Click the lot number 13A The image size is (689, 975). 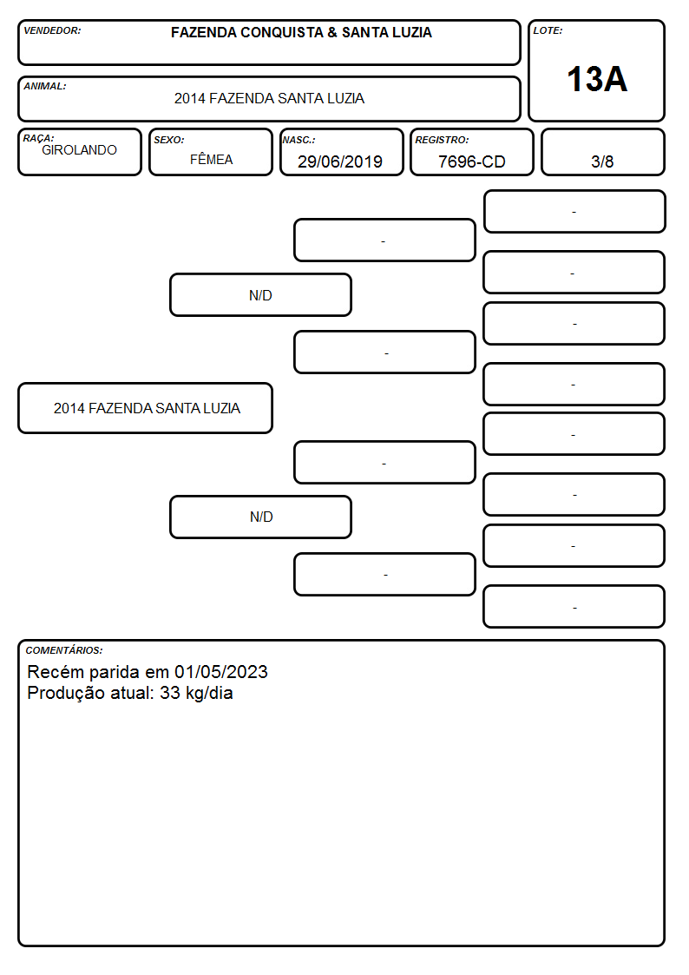(x=597, y=79)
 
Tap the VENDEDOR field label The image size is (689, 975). (x=52, y=30)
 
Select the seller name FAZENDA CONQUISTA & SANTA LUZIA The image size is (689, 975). (x=301, y=32)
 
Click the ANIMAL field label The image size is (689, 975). (x=45, y=86)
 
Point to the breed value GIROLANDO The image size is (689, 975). (x=79, y=150)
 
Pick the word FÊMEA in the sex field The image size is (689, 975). (x=211, y=159)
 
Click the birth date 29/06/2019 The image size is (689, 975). (x=340, y=161)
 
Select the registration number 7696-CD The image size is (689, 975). (x=471, y=161)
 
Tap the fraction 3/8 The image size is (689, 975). (x=602, y=161)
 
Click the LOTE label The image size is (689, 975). (x=548, y=30)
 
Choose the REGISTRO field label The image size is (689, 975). (x=442, y=140)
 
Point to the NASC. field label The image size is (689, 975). (x=299, y=140)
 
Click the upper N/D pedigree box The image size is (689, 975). (x=260, y=294)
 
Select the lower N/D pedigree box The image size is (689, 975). (x=260, y=517)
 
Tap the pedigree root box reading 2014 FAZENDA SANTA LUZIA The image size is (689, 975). (x=146, y=408)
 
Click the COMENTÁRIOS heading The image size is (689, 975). (x=64, y=650)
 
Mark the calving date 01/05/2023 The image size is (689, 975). (x=221, y=671)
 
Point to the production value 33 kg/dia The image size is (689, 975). (x=196, y=693)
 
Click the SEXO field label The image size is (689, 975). (x=169, y=140)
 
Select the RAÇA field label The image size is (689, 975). (x=38, y=138)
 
